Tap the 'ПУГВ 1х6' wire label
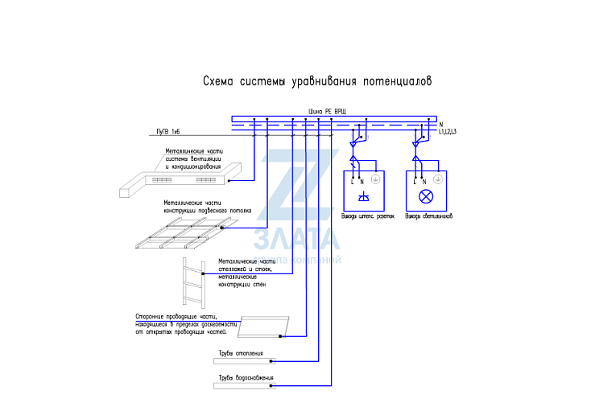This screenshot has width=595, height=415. tap(168, 131)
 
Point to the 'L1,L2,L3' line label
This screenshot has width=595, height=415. tap(448, 132)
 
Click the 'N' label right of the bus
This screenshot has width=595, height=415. tap(441, 124)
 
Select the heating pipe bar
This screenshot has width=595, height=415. tap(246, 360)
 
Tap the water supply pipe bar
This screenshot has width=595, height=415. tap(246, 385)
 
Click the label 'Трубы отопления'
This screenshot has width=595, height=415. tap(240, 353)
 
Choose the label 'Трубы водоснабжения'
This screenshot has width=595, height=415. tap(246, 378)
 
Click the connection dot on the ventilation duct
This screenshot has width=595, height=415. tap(229, 180)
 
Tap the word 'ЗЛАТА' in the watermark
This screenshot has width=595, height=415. tap(296, 239)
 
